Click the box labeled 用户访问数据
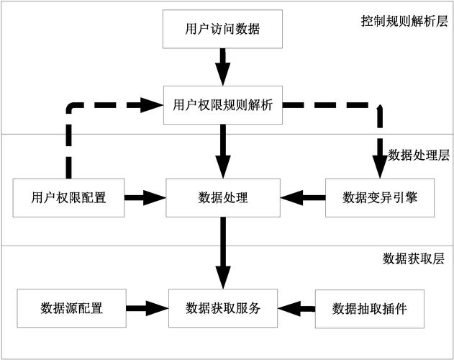pos(222,30)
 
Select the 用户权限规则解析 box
pos(222,105)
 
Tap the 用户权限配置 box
pos(69,197)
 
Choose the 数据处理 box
pos(222,197)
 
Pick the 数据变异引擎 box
pos(379,197)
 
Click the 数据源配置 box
pos(71,308)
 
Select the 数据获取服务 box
pos(222,308)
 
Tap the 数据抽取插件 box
pos(369,309)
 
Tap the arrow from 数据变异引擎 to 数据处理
pos(301,197)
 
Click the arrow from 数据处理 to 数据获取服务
pos(222,251)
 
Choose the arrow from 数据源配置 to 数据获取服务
pos(147,308)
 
